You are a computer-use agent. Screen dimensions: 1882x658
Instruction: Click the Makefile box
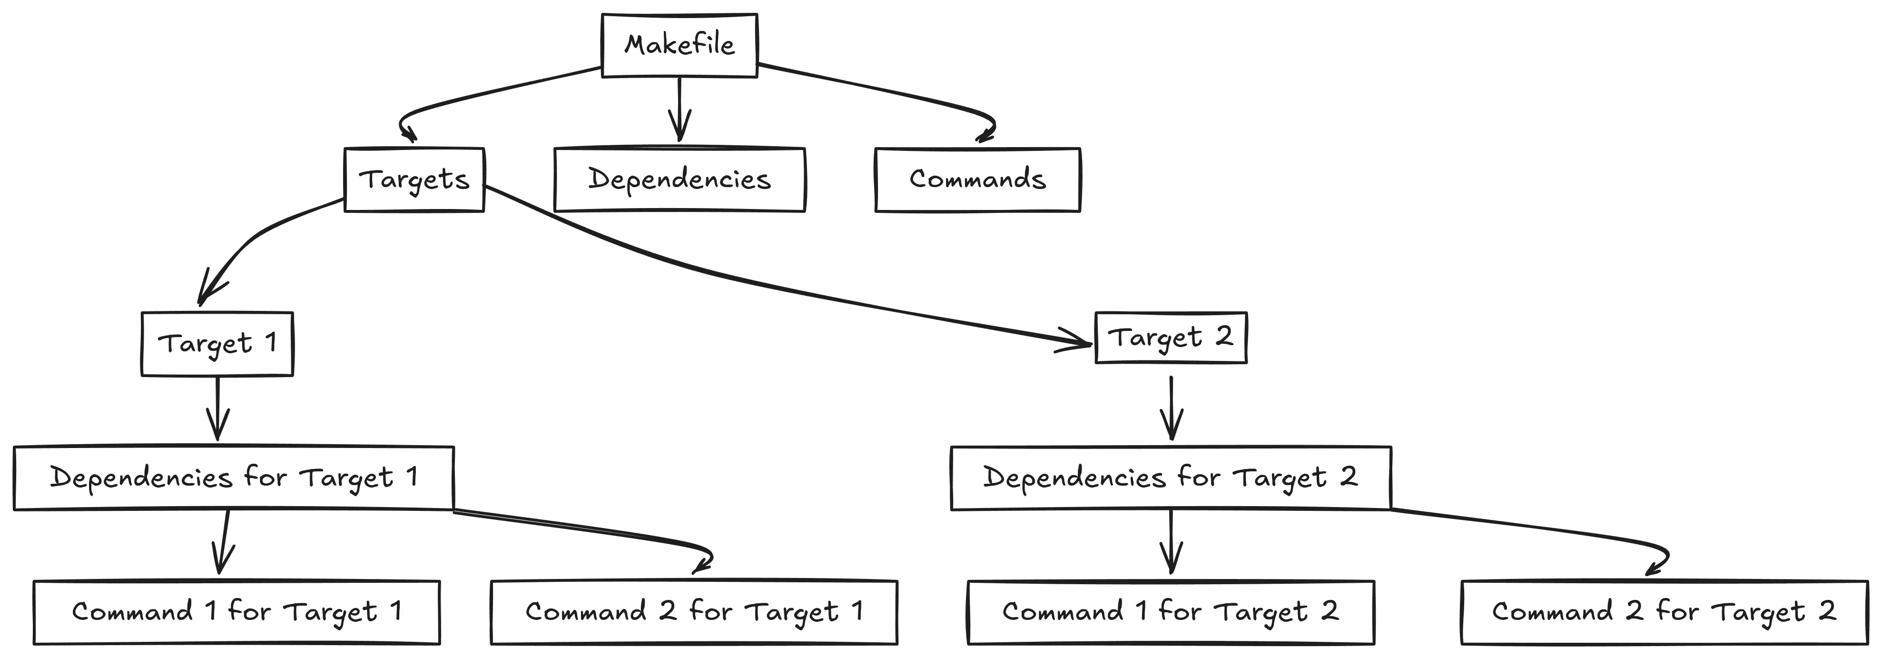(x=680, y=45)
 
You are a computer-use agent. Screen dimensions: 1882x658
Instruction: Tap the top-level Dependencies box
(x=680, y=180)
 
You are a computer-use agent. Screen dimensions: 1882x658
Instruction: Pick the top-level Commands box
(x=977, y=180)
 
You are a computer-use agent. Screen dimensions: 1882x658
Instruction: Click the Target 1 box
(x=217, y=344)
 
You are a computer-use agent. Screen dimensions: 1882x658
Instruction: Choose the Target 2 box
(x=1171, y=338)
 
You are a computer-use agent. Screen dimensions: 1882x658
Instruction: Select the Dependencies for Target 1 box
(x=234, y=478)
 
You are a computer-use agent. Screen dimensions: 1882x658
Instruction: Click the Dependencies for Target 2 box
(x=1171, y=478)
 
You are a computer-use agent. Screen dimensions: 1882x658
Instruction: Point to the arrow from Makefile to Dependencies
(x=680, y=110)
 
